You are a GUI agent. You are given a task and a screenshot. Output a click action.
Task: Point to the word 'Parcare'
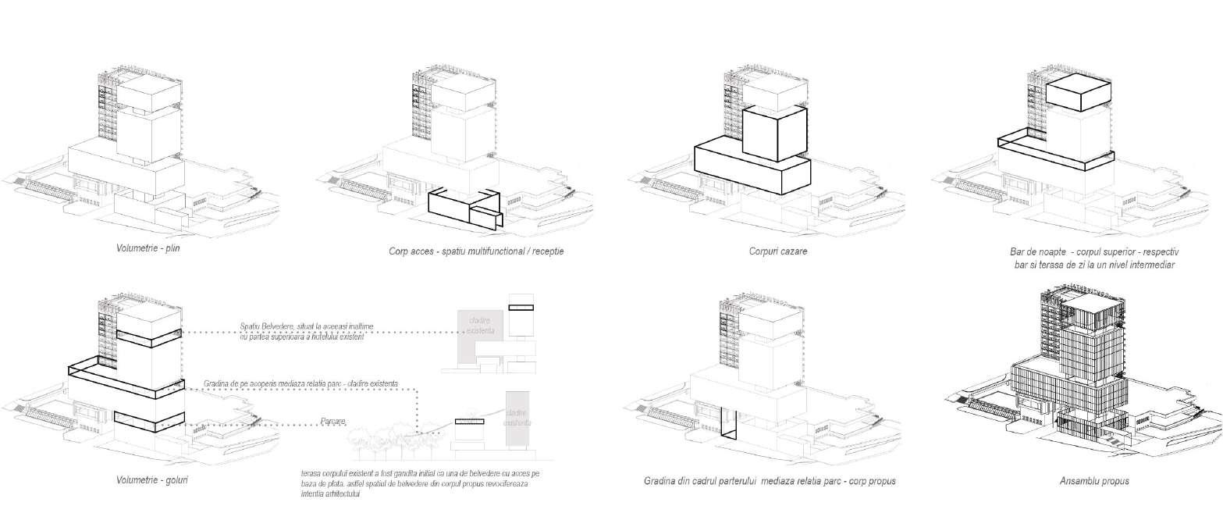(333, 422)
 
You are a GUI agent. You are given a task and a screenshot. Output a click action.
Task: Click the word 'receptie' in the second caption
(546, 251)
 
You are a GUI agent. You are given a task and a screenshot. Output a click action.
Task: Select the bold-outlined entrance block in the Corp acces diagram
(464, 208)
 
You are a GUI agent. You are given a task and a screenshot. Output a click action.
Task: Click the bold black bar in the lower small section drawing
(471, 422)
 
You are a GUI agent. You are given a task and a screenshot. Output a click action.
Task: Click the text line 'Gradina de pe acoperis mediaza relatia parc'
(300, 383)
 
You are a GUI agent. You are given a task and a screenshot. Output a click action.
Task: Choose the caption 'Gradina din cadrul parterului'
(770, 481)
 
